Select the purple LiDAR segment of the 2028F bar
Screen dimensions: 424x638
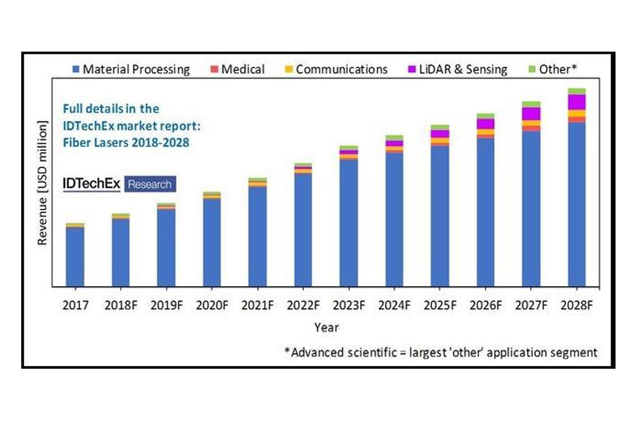click(x=576, y=101)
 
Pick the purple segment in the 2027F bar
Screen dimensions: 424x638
click(x=531, y=113)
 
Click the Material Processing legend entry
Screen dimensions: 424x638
click(x=131, y=69)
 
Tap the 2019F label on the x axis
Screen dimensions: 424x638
click(x=166, y=306)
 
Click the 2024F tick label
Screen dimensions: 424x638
click(x=394, y=306)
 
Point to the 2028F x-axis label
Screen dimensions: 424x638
click(x=576, y=306)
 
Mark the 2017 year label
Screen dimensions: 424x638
click(x=75, y=306)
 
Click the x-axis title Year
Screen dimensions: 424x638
click(x=326, y=327)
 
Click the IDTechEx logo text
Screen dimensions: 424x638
click(x=92, y=184)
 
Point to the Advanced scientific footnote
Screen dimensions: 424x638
click(x=441, y=352)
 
